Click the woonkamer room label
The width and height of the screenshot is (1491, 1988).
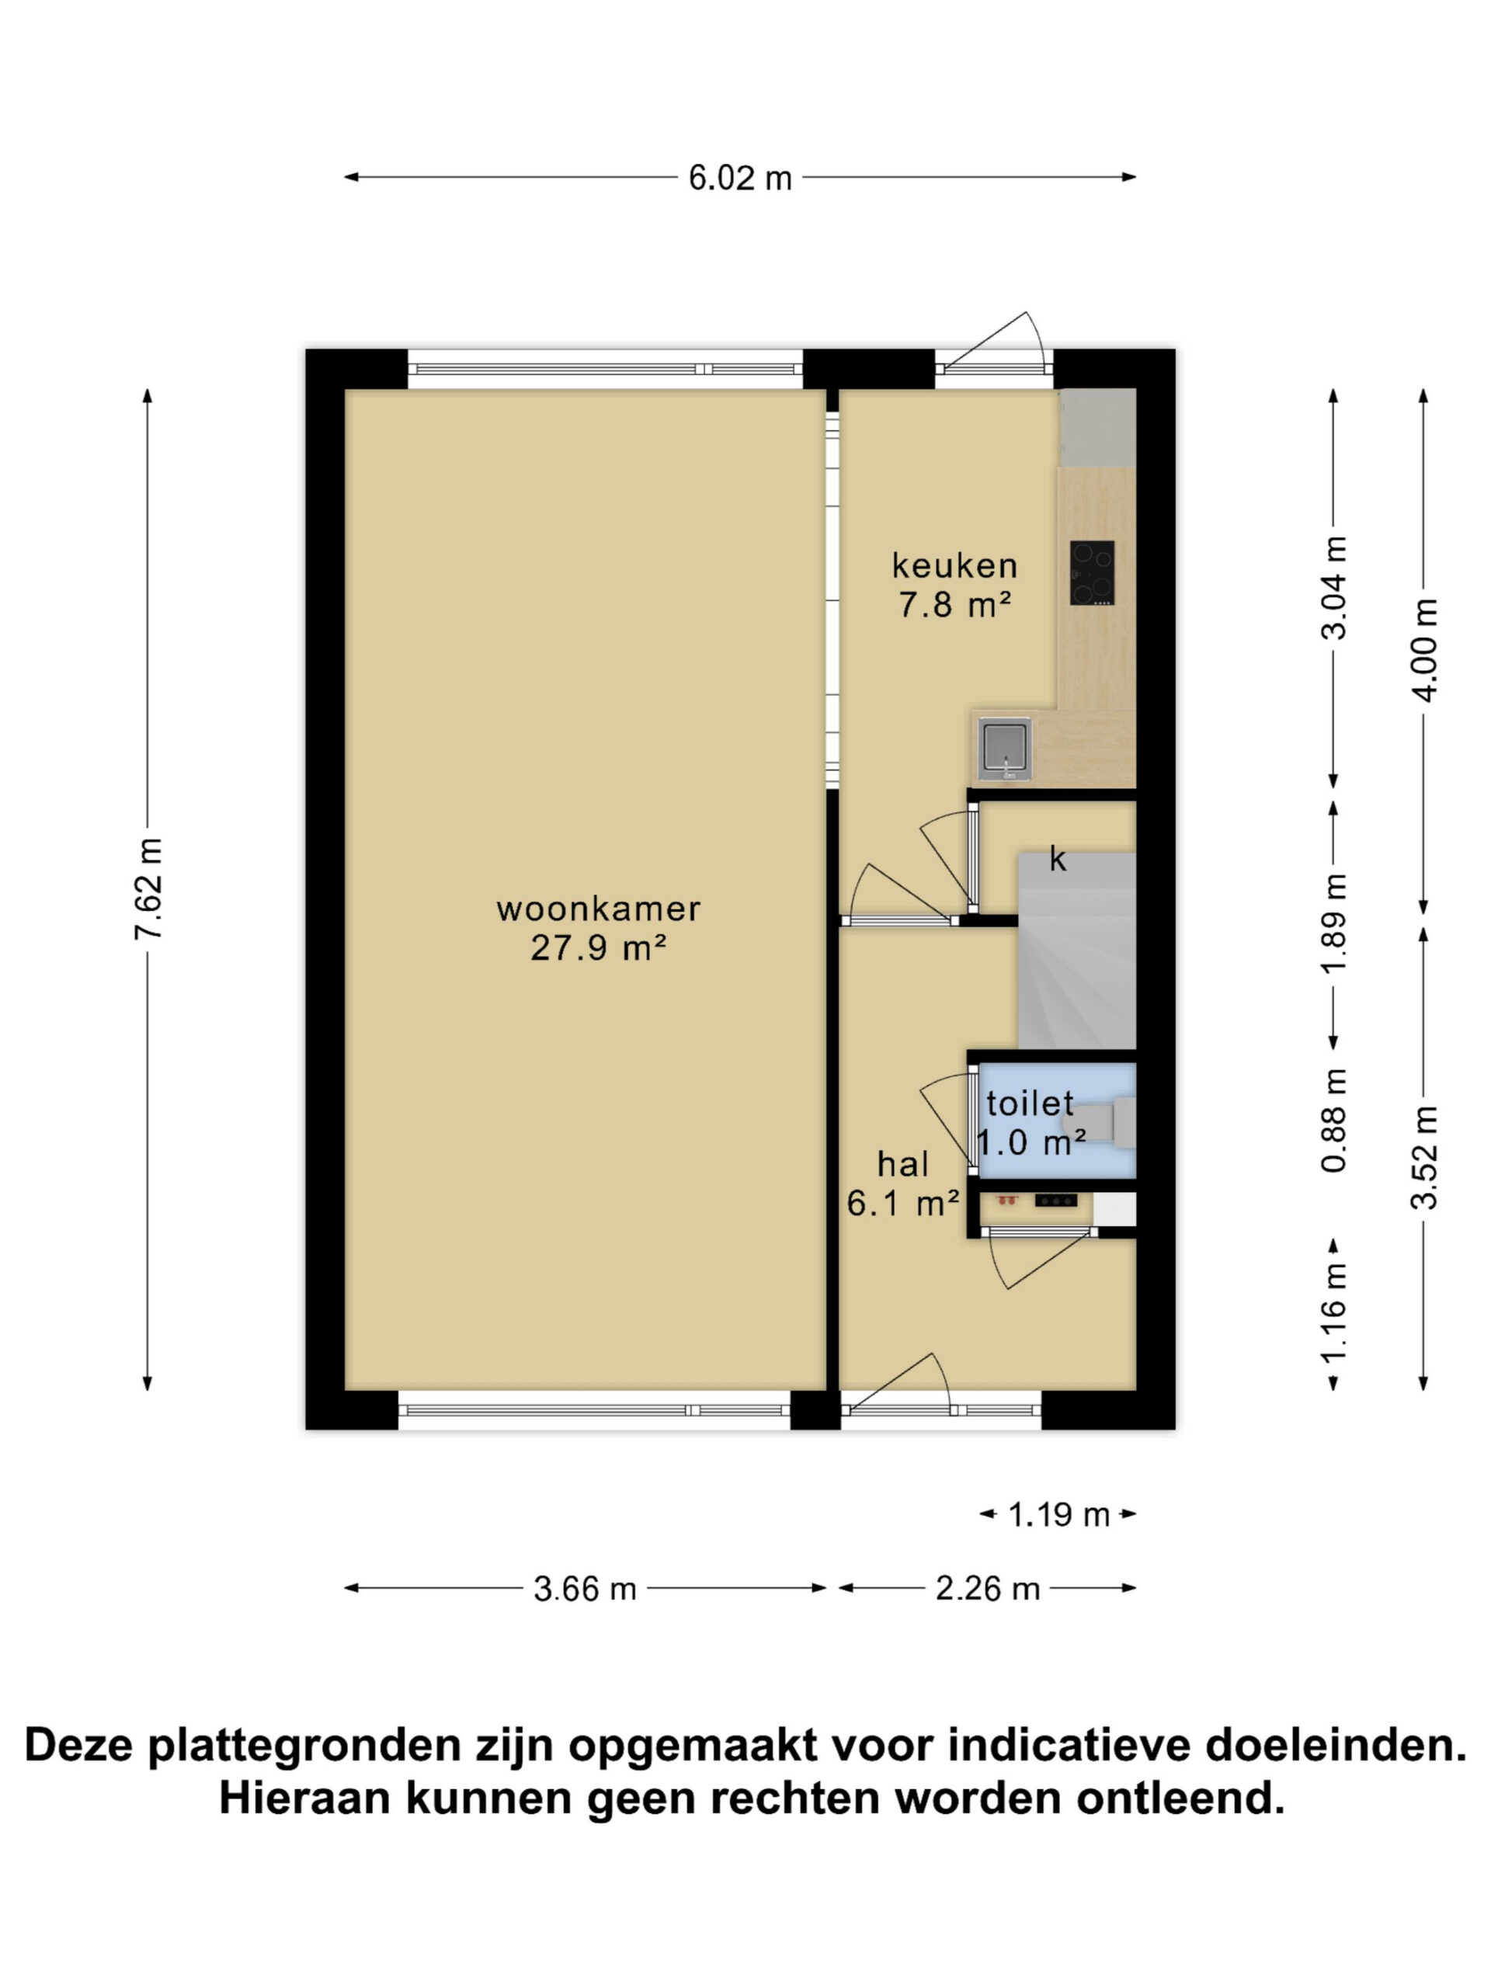coord(598,909)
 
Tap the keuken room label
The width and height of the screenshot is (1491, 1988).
coord(954,565)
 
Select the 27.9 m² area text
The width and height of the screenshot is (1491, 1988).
coord(598,948)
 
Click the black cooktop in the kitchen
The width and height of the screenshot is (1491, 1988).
coord(1092,572)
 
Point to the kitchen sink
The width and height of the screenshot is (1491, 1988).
coord(1006,748)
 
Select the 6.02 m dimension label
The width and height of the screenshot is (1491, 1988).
coord(739,178)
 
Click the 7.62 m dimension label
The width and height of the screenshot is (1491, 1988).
coord(148,889)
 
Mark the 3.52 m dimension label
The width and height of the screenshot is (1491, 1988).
coord(1424,1158)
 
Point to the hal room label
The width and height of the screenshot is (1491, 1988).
coord(902,1165)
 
